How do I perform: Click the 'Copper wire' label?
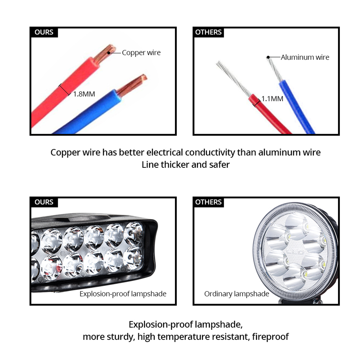pos(141,52)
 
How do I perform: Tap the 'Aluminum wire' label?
pos(305,57)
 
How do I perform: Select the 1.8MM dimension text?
pos(84,94)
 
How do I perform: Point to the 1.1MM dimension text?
pos(272,99)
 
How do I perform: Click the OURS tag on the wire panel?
pos(44,32)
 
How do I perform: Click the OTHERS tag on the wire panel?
pos(208,32)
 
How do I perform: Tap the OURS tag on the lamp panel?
pos(44,202)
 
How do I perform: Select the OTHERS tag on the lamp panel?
pos(208,202)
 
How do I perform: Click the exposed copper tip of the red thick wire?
pos(105,53)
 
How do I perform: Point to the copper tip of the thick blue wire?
pos(132,84)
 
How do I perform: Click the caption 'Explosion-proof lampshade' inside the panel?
pos(123,294)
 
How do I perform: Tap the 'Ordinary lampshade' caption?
pos(236,294)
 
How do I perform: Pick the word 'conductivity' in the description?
pos(210,152)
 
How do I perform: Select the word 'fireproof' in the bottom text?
pos(270,337)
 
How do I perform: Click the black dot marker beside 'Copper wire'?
pos(109,53)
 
